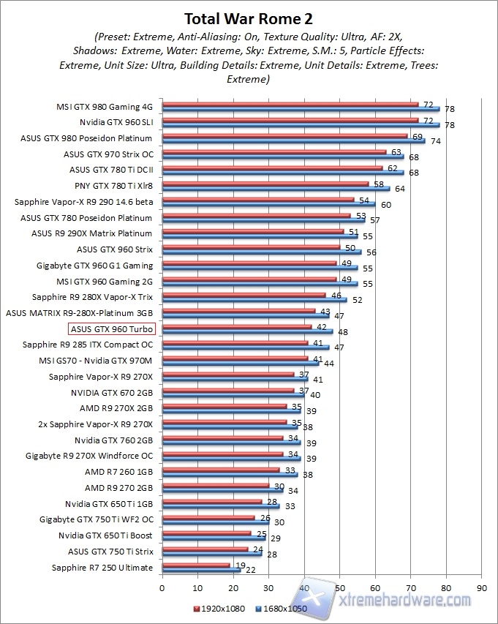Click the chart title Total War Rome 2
tap(249, 18)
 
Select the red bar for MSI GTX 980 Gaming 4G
tap(289, 105)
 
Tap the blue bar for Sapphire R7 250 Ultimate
tap(201, 570)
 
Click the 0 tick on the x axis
tap(162, 587)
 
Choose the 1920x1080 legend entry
tap(220, 609)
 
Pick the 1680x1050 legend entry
tap(281, 609)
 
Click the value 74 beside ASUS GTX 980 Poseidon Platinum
tap(434, 141)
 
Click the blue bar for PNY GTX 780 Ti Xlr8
tap(276, 188)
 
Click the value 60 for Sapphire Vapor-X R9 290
tap(385, 205)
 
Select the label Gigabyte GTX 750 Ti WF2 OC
tap(96, 519)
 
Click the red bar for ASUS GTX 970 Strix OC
tap(273, 152)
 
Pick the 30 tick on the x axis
tap(268, 587)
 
